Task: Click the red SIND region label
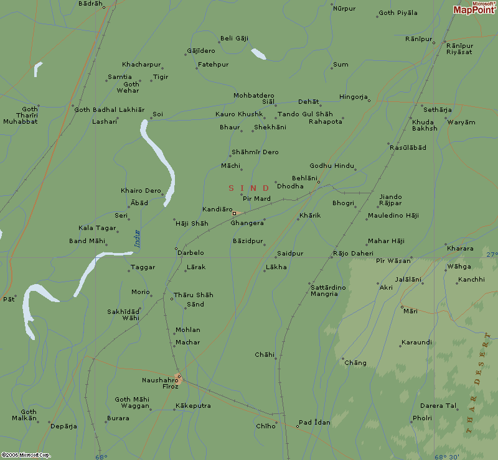[249, 188]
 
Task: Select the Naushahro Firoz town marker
[179, 377]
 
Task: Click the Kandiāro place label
[217, 209]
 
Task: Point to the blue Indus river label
[137, 239]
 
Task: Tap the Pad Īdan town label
[314, 423]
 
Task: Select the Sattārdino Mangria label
[324, 290]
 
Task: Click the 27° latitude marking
[491, 254]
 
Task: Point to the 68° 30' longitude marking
[448, 457]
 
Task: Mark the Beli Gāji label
[234, 38]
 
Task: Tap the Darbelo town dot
[176, 249]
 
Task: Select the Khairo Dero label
[141, 190]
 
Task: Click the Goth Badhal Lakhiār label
[110, 109]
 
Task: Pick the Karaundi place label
[416, 343]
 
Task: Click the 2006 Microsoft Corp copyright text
[26, 455]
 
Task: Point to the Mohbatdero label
[253, 95]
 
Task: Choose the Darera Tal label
[438, 406]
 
